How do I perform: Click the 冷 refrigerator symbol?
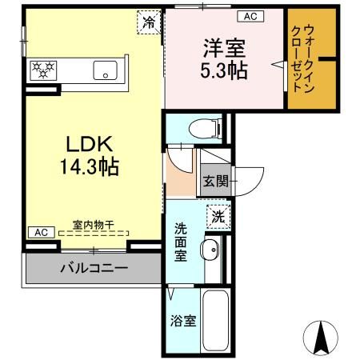click(x=149, y=22)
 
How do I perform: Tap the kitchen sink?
click(x=104, y=70)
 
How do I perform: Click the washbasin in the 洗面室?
click(x=210, y=248)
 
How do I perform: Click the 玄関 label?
click(x=214, y=181)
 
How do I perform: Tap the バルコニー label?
click(x=94, y=267)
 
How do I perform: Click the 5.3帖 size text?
click(x=223, y=70)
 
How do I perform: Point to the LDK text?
click(x=89, y=144)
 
